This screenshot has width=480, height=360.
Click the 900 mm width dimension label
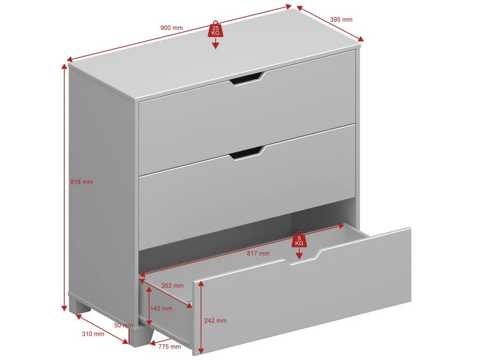click(x=172, y=28)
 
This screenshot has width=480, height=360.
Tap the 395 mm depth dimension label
click(x=341, y=20)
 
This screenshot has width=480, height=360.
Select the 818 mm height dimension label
click(x=82, y=182)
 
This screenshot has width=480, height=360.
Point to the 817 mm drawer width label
click(x=258, y=254)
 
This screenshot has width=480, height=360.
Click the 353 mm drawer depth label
click(x=172, y=285)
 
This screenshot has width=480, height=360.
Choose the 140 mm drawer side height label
click(x=161, y=308)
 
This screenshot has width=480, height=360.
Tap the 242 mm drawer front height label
click(x=216, y=321)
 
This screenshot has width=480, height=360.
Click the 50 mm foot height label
click(x=124, y=325)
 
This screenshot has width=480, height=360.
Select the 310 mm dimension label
click(x=93, y=334)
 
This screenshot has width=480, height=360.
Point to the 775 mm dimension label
click(x=170, y=347)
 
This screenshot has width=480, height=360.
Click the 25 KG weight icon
click(x=216, y=29)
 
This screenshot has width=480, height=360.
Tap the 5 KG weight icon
click(x=299, y=239)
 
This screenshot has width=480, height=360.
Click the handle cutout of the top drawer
click(x=247, y=78)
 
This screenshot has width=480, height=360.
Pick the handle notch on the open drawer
click(x=303, y=257)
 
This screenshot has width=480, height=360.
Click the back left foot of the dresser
click(x=80, y=307)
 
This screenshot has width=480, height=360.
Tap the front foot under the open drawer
click(x=141, y=336)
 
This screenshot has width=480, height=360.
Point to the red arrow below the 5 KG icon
click(x=299, y=254)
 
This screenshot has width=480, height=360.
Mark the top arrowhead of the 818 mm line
click(x=65, y=67)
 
